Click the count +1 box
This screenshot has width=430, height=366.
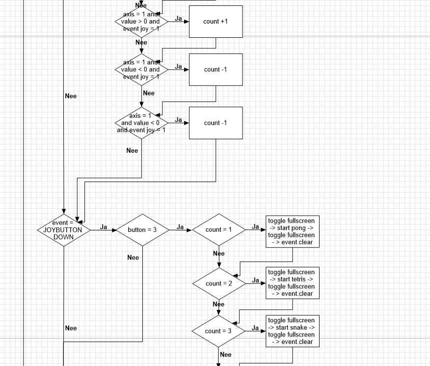point(215,22)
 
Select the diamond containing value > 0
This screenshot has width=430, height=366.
point(141,22)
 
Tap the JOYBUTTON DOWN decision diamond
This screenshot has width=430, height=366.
point(64,229)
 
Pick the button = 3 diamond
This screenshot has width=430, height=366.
point(142,229)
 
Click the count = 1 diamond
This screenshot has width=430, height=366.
point(218,229)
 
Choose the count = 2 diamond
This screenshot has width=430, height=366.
point(218,283)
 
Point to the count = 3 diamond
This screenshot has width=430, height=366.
point(218,331)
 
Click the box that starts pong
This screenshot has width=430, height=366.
point(293,231)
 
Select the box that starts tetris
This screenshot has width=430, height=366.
point(293,283)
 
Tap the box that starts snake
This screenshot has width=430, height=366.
point(293,331)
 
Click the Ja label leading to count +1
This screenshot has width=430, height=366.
point(179,19)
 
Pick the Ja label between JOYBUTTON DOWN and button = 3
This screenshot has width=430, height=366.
point(104,227)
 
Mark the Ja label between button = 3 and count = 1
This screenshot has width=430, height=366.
point(180,227)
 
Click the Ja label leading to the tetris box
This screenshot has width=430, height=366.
point(255,280)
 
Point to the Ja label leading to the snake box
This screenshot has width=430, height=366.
point(255,328)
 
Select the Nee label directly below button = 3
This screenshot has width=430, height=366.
point(133,257)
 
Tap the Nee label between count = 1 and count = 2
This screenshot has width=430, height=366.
point(219,253)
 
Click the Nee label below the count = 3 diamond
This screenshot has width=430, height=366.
point(225,355)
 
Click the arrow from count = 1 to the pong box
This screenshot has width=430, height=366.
point(255,229)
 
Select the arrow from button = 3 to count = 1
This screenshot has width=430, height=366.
point(180,230)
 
